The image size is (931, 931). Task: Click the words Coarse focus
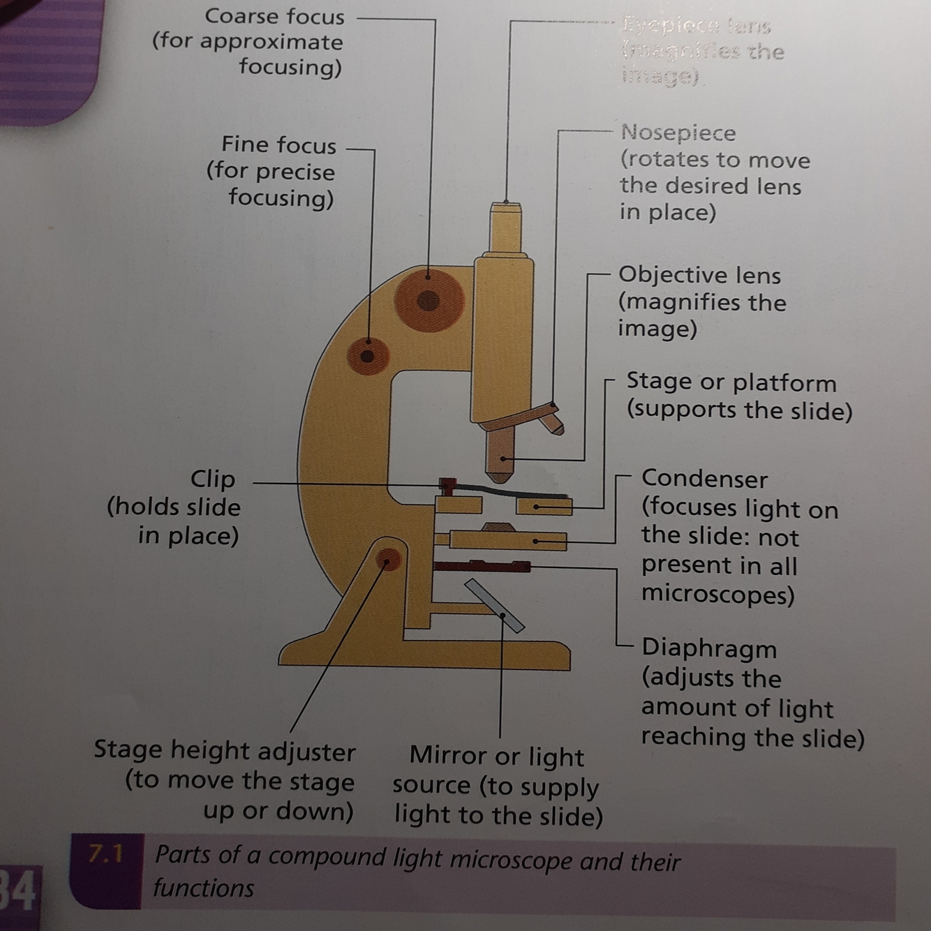[x=274, y=16]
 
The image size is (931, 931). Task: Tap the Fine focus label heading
[x=278, y=144]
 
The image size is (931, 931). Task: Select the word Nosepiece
[x=678, y=133]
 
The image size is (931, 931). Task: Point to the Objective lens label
[x=699, y=275]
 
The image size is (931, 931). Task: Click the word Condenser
[x=703, y=479]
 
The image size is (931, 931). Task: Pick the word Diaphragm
[x=708, y=648]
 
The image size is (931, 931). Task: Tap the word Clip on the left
[x=213, y=479]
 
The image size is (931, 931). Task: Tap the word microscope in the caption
[x=512, y=859]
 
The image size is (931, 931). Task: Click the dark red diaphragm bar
[x=482, y=566]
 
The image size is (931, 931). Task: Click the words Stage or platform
[x=731, y=382]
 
